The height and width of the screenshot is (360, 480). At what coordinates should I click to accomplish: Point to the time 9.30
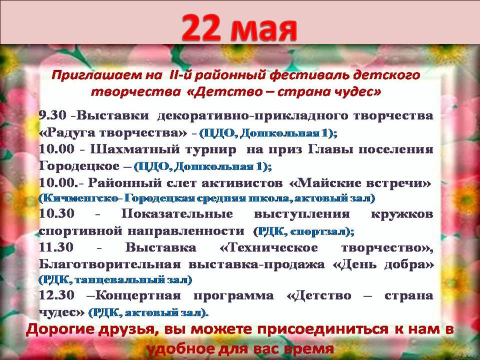click(52, 115)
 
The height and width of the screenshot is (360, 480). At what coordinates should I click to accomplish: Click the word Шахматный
click(133, 149)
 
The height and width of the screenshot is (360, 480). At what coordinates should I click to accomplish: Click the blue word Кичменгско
click(78, 198)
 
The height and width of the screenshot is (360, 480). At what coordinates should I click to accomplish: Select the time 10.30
click(56, 213)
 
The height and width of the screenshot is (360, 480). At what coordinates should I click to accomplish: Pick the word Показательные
click(177, 213)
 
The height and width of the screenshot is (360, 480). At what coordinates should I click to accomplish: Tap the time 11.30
click(56, 246)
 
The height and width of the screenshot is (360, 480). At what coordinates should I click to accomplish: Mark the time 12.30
click(56, 295)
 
